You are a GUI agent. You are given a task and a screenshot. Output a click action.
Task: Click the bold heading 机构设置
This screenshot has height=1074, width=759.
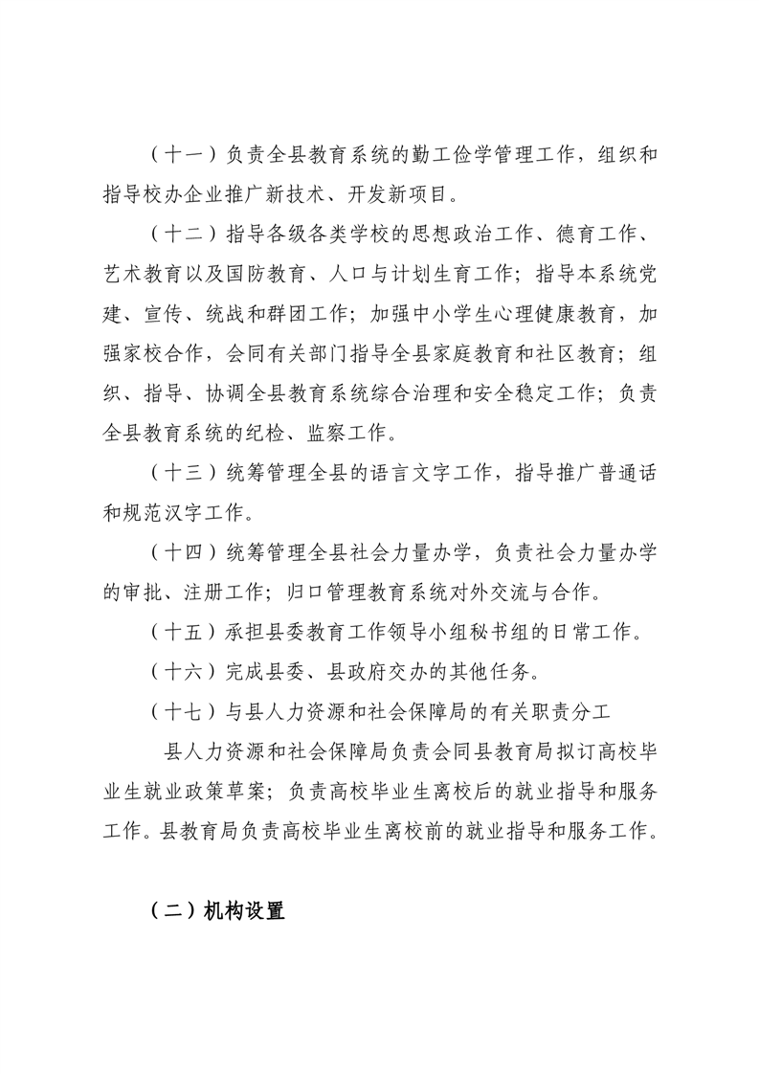pyautogui.click(x=244, y=911)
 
